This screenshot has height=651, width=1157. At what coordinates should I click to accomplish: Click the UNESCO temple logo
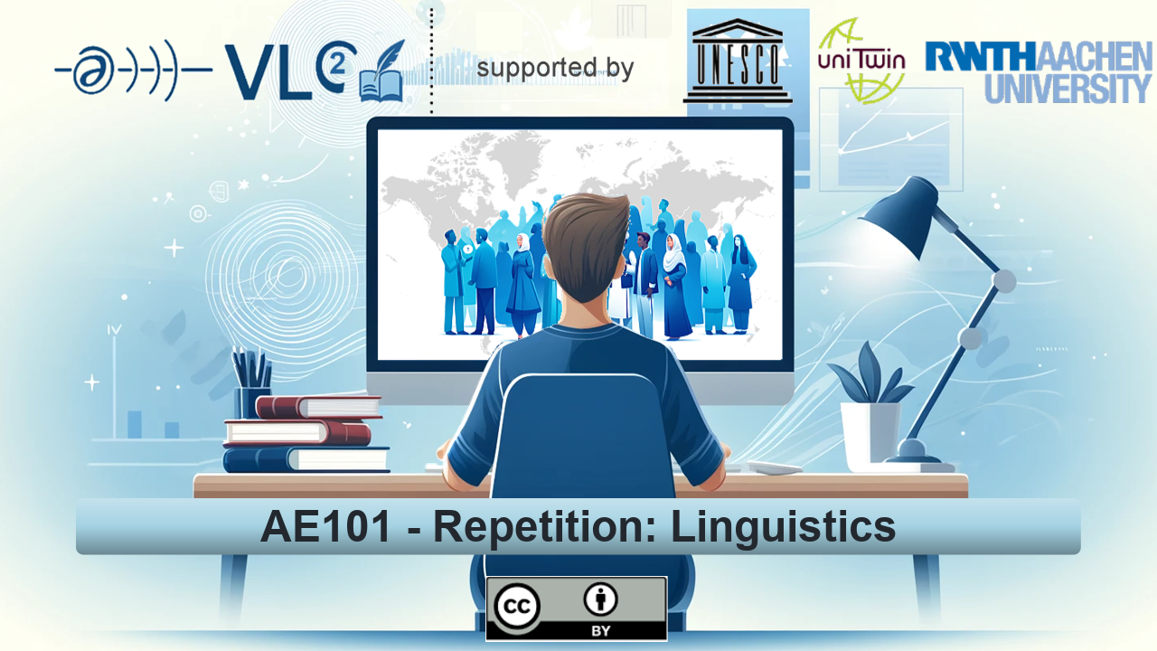[x=738, y=61]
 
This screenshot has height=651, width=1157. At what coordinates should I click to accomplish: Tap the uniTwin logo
[x=861, y=61]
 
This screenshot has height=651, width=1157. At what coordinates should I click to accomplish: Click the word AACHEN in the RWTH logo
[x=1093, y=56]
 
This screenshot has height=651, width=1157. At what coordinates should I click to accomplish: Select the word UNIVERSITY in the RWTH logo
[x=1068, y=89]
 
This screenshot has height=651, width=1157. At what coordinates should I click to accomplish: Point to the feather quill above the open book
[x=385, y=56]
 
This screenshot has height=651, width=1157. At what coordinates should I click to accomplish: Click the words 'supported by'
[x=555, y=68]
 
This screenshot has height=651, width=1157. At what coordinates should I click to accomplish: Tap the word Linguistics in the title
[x=783, y=527]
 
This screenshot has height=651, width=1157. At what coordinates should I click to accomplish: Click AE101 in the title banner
[x=325, y=526]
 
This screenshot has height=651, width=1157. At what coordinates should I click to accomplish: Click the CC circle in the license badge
[x=517, y=607]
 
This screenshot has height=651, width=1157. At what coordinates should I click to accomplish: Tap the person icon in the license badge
[x=600, y=599]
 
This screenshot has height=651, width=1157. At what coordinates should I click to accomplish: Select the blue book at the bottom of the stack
[x=306, y=459]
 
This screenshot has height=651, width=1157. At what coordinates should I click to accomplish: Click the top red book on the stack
[x=319, y=407]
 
